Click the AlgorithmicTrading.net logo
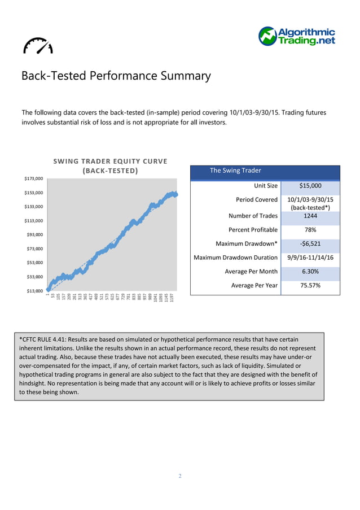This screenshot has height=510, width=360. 297,36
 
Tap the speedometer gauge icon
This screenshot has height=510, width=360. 38,46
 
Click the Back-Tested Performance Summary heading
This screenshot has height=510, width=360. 116,76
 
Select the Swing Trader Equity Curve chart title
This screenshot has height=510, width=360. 110,165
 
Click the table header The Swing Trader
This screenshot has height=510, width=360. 235,171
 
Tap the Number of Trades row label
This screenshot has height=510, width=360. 253,216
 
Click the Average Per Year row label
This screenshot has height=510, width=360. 254,285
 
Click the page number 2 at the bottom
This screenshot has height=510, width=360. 180,476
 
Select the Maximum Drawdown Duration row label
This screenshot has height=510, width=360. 235,258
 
